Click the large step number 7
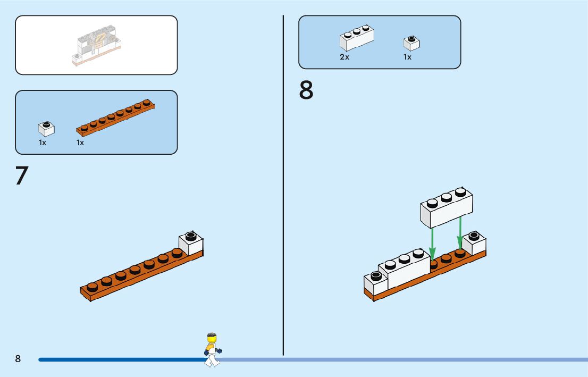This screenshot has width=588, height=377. click(22, 176)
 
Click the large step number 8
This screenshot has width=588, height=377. click(306, 90)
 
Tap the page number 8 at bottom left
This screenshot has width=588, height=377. click(18, 359)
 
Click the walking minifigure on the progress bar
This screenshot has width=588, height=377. click(213, 349)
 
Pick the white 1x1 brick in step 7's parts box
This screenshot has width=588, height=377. click(46, 129)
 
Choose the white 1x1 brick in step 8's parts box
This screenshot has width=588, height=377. click(411, 43)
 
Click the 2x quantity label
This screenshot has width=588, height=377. click(345, 57)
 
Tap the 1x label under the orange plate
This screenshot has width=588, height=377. click(80, 143)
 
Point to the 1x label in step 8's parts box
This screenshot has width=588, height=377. click(407, 57)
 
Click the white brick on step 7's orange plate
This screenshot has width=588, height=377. click(191, 243)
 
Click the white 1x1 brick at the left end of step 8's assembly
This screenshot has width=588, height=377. click(376, 283)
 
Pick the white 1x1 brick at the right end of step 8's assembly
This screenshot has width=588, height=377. click(474, 243)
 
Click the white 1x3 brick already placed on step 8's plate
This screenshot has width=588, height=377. click(404, 269)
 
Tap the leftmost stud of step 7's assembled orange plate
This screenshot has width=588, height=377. click(93, 287)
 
